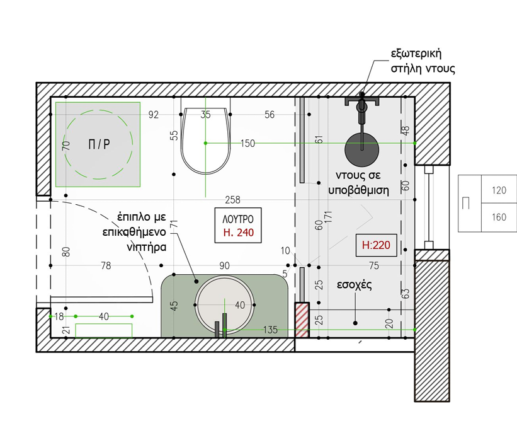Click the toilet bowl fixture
click(x=205, y=140)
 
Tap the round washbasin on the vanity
click(x=225, y=304)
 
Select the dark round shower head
click(x=361, y=149)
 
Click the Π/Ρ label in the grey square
click(x=99, y=144)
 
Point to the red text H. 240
click(x=239, y=233)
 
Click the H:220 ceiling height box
click(x=376, y=245)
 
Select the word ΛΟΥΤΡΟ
click(x=238, y=219)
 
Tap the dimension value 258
click(x=232, y=200)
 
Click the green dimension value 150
click(x=247, y=143)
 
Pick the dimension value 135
click(x=270, y=330)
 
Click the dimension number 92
click(x=153, y=115)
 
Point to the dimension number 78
click(x=106, y=265)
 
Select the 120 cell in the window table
click(x=499, y=190)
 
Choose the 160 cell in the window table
click(x=499, y=217)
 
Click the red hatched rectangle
click(x=302, y=320)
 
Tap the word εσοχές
click(x=354, y=284)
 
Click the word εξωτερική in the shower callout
click(x=416, y=54)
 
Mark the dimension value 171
click(x=329, y=217)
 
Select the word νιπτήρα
click(x=146, y=247)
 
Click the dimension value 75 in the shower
click(x=374, y=265)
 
